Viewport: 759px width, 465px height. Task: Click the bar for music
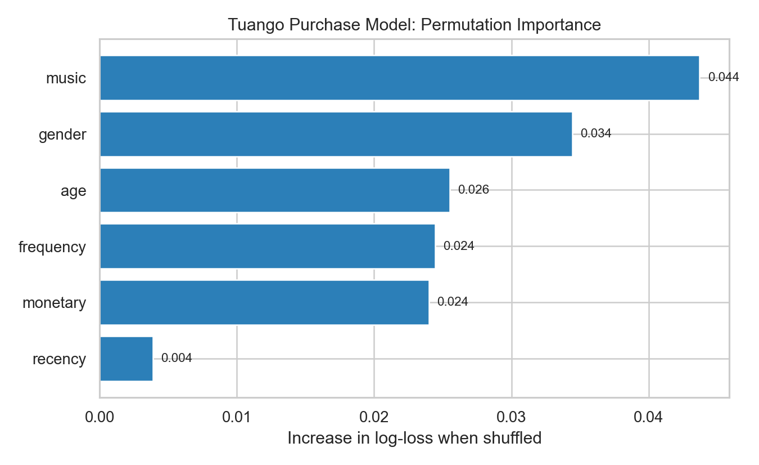coord(399,78)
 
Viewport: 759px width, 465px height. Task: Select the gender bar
coord(336,134)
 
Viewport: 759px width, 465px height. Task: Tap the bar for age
coord(274,190)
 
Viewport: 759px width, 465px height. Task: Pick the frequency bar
coord(267,246)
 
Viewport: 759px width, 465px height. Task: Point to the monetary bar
coord(264,302)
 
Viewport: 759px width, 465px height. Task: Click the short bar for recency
coord(126,359)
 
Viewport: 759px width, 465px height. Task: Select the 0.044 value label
coord(724,78)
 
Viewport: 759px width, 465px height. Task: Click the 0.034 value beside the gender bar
coord(595,134)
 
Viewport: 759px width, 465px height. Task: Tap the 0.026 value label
coord(473,190)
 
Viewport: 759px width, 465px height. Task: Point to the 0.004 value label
coord(177,359)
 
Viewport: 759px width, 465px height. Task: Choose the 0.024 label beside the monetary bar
coord(453,302)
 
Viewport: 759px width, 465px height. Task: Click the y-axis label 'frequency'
coord(52,247)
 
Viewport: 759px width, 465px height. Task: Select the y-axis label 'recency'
coord(59,359)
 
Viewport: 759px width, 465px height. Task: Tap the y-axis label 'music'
coord(66,78)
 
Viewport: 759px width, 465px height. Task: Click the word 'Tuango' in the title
coord(249,25)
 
